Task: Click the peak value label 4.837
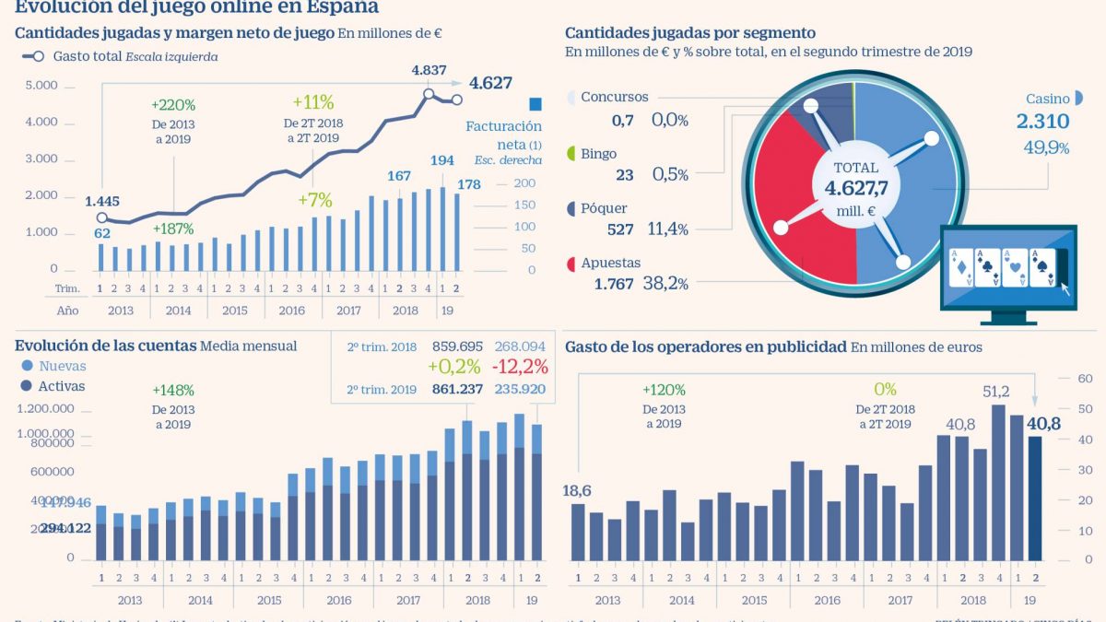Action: pyautogui.click(x=429, y=70)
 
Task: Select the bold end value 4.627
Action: pyautogui.click(x=490, y=83)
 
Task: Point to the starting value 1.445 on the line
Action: pyautogui.click(x=102, y=200)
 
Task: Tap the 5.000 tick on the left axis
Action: pyautogui.click(x=41, y=86)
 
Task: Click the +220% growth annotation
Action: pyautogui.click(x=174, y=106)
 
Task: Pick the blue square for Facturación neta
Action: pyautogui.click(x=535, y=104)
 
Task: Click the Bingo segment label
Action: pyautogui.click(x=598, y=154)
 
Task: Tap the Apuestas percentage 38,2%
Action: pyautogui.click(x=670, y=284)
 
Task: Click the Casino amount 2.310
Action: pyautogui.click(x=1042, y=122)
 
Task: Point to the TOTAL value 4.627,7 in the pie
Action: pyautogui.click(x=856, y=190)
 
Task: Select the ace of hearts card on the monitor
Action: pyautogui.click(x=1015, y=266)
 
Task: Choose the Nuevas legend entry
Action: pyautogui.click(x=63, y=366)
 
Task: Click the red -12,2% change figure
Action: pyautogui.click(x=521, y=367)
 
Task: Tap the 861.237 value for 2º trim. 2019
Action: pyautogui.click(x=457, y=389)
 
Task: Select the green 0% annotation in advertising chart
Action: pyautogui.click(x=884, y=390)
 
